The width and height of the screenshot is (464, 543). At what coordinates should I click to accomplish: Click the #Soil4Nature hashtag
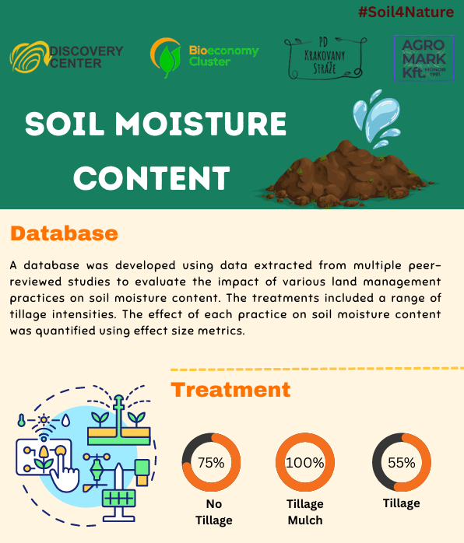(x=406, y=12)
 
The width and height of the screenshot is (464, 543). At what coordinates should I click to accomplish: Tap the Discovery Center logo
(x=66, y=57)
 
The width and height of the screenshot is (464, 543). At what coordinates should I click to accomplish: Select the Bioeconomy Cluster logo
(x=204, y=56)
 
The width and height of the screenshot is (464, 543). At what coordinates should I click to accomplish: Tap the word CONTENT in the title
(x=151, y=178)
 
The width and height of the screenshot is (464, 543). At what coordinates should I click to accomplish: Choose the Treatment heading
(x=230, y=389)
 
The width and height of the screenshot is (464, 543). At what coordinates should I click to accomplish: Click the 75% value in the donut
(x=211, y=463)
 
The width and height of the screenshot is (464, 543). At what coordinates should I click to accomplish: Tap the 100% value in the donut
(x=305, y=463)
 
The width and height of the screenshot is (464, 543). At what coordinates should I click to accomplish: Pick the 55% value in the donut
(x=402, y=463)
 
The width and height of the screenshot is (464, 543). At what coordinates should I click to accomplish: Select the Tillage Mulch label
(x=304, y=512)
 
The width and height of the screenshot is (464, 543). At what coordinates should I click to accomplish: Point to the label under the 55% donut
(x=402, y=503)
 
